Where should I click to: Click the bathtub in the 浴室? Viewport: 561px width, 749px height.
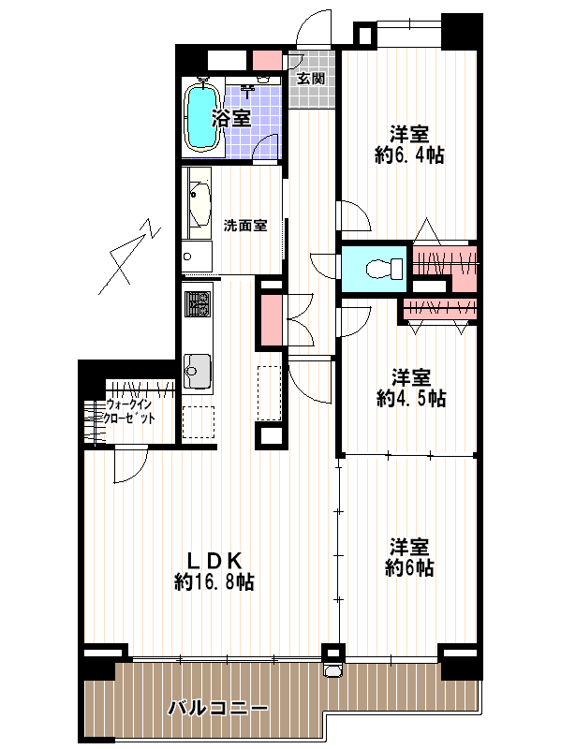(202, 117)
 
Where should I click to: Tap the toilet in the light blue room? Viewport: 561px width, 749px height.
(385, 269)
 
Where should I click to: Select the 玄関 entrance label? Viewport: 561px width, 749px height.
(311, 78)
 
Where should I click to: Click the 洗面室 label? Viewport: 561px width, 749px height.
(245, 226)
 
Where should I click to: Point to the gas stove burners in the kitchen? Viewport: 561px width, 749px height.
(198, 303)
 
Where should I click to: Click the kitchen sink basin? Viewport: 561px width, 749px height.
(198, 371)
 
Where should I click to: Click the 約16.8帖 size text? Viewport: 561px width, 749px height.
(214, 581)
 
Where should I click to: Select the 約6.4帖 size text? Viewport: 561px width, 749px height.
(409, 155)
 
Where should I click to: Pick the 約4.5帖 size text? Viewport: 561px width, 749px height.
(411, 398)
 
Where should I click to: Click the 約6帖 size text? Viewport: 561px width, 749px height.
(409, 568)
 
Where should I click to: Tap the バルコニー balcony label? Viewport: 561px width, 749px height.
(217, 708)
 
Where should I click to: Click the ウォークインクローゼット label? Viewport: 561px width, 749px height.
(129, 411)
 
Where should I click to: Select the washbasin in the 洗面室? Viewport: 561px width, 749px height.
(200, 203)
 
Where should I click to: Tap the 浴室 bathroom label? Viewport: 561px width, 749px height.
(231, 118)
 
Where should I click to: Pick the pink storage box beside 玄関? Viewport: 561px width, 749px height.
(266, 60)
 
